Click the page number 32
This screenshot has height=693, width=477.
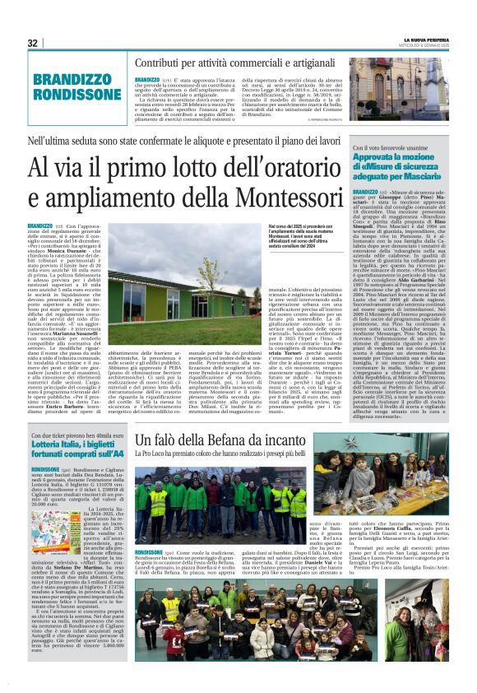pyautogui.click(x=32, y=43)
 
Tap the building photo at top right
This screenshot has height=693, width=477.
pyautogui.click(x=398, y=91)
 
